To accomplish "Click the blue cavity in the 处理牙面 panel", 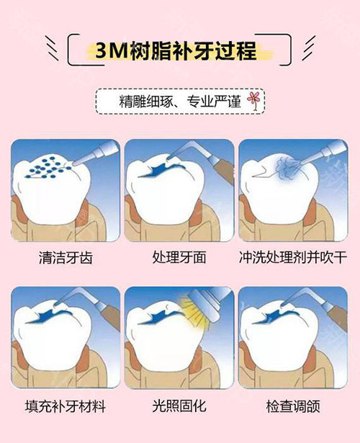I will click(x=162, y=171).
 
